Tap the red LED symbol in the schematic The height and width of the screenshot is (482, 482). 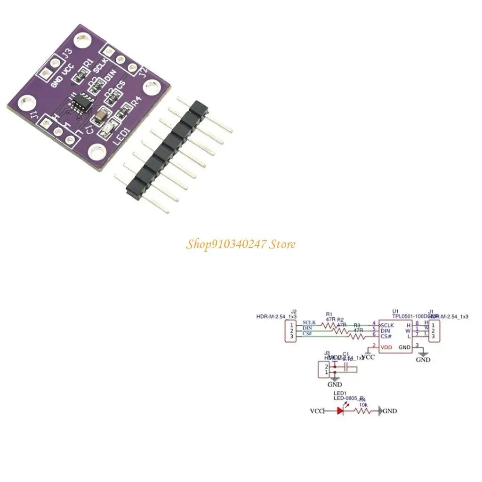340,410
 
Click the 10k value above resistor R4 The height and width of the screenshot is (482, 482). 363,404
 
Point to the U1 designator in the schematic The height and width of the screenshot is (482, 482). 395,311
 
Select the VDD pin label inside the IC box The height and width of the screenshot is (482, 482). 386,347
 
